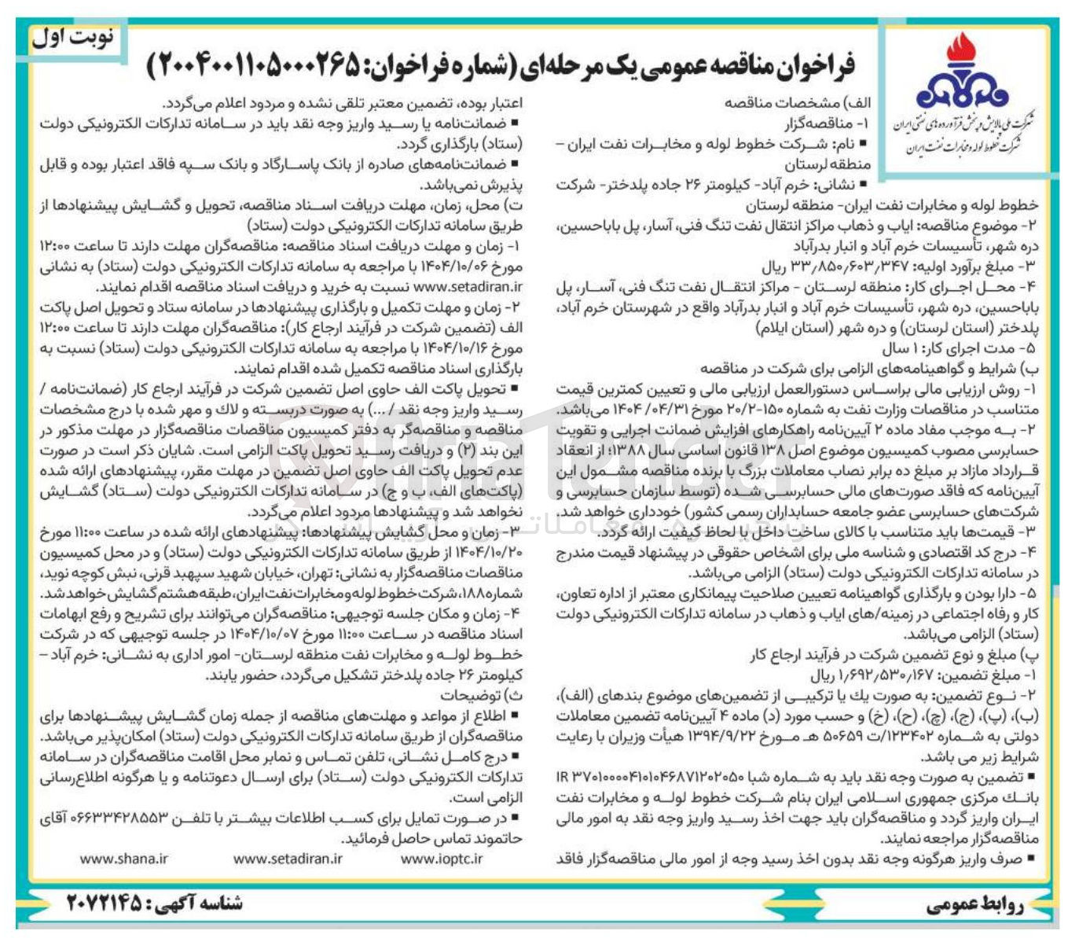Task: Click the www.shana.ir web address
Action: click(123, 859)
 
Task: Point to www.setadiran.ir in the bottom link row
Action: click(288, 859)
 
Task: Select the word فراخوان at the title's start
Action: click(816, 67)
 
